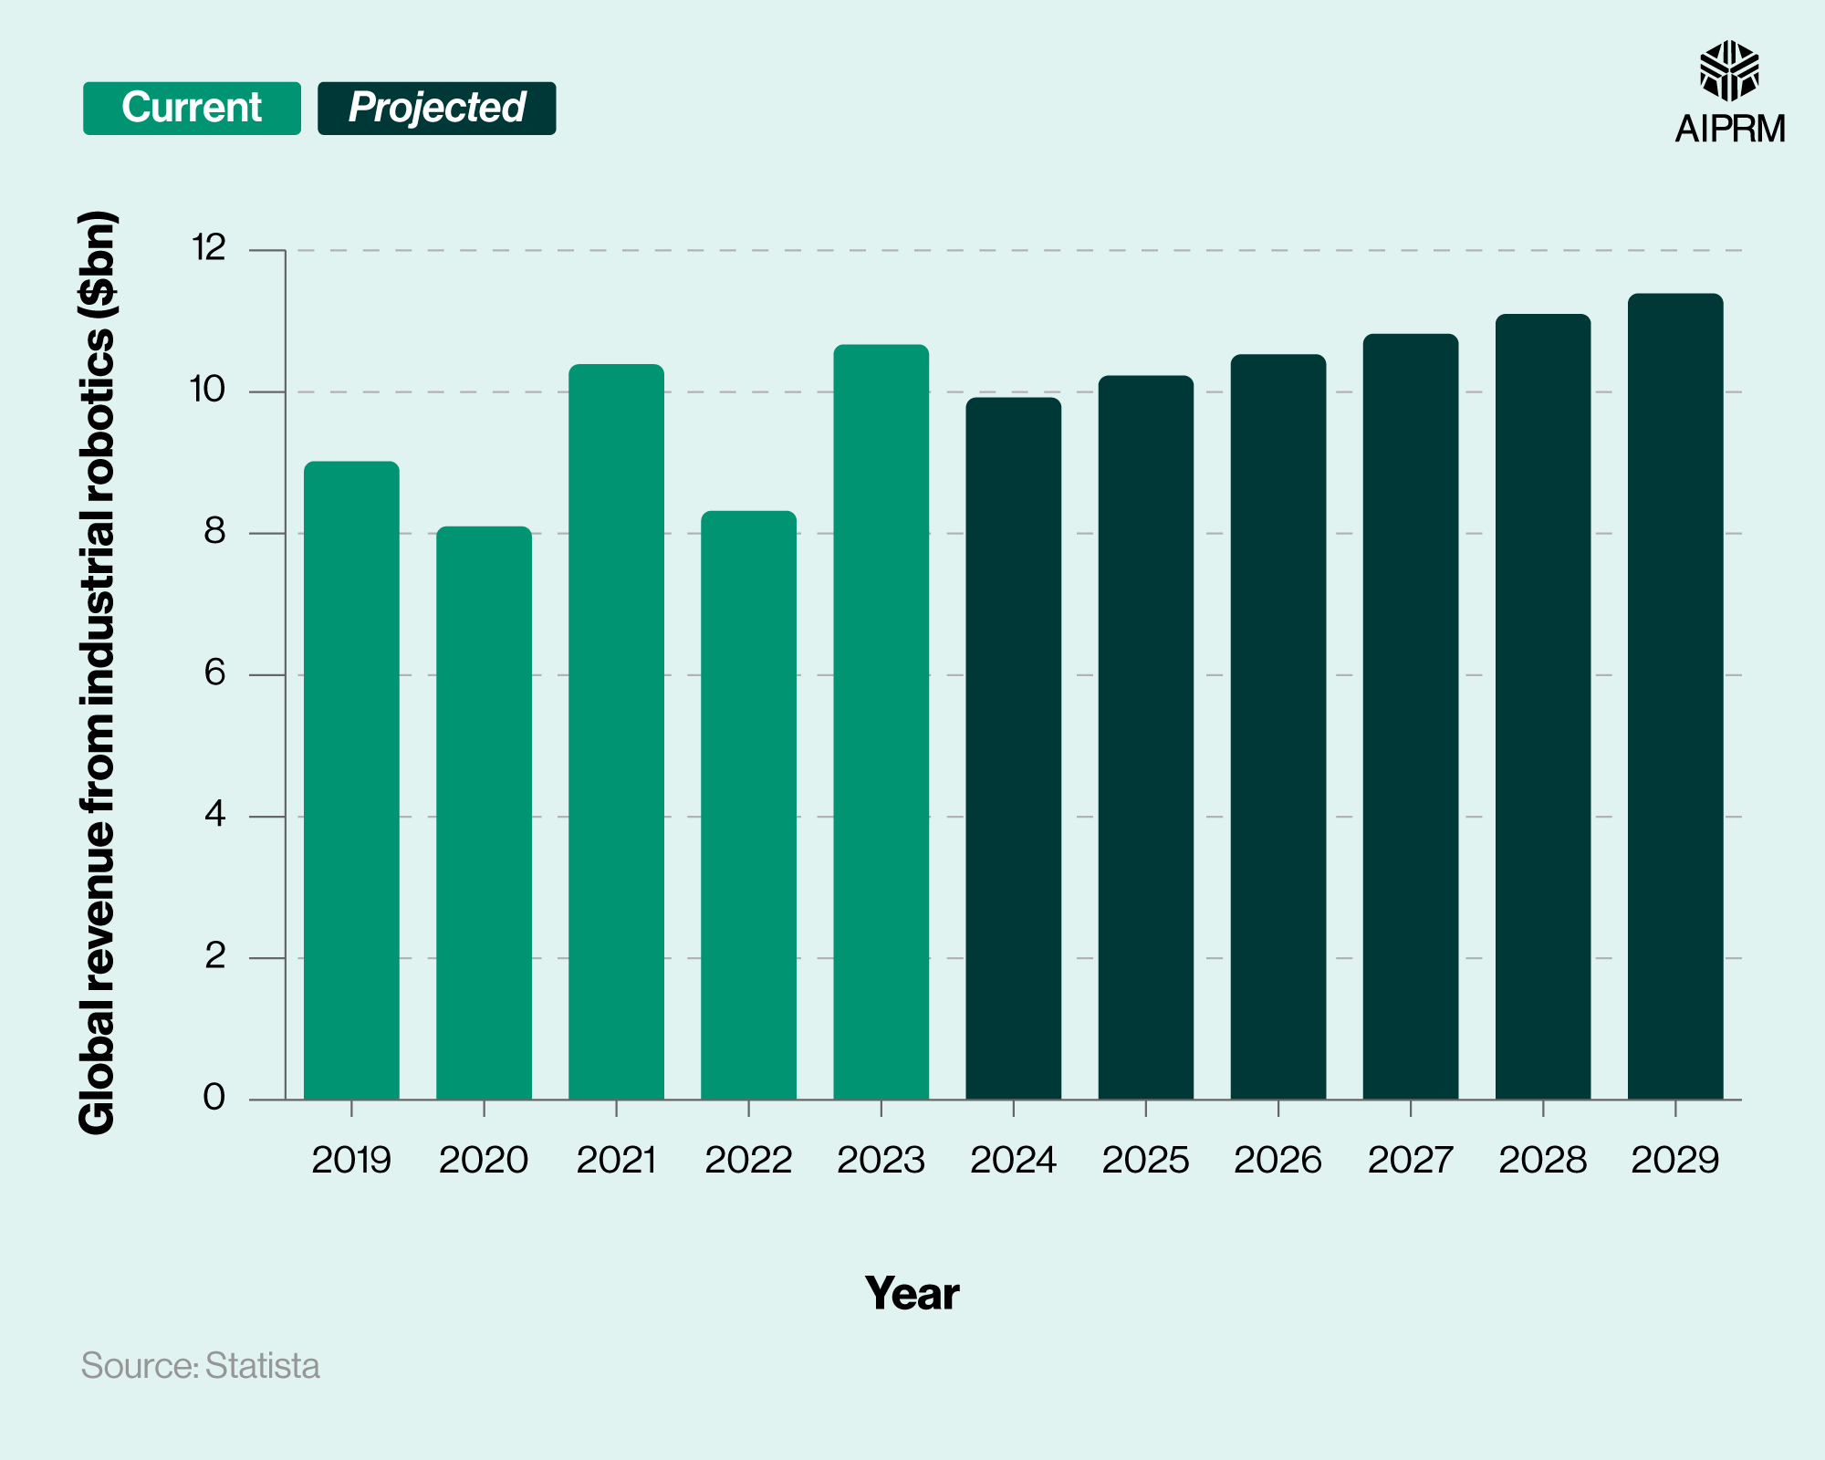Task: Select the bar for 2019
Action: (351, 780)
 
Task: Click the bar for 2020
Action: (484, 812)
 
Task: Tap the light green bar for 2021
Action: (616, 730)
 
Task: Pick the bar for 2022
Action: (748, 803)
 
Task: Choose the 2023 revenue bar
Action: (881, 721)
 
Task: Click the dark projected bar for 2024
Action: (1013, 748)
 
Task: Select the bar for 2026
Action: (1277, 725)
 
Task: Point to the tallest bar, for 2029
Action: (1675, 693)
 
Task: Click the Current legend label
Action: (192, 108)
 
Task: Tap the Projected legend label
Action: (436, 108)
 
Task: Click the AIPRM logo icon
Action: (1728, 71)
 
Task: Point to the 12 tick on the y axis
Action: (208, 247)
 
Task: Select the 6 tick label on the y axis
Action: (214, 673)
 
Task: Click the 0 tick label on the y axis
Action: (214, 1097)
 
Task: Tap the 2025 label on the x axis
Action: (1145, 1160)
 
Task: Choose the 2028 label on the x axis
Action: (1542, 1160)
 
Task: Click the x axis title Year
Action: (912, 1293)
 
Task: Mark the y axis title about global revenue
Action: (98, 673)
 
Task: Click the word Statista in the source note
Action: (262, 1366)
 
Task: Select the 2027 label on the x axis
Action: (1410, 1160)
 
